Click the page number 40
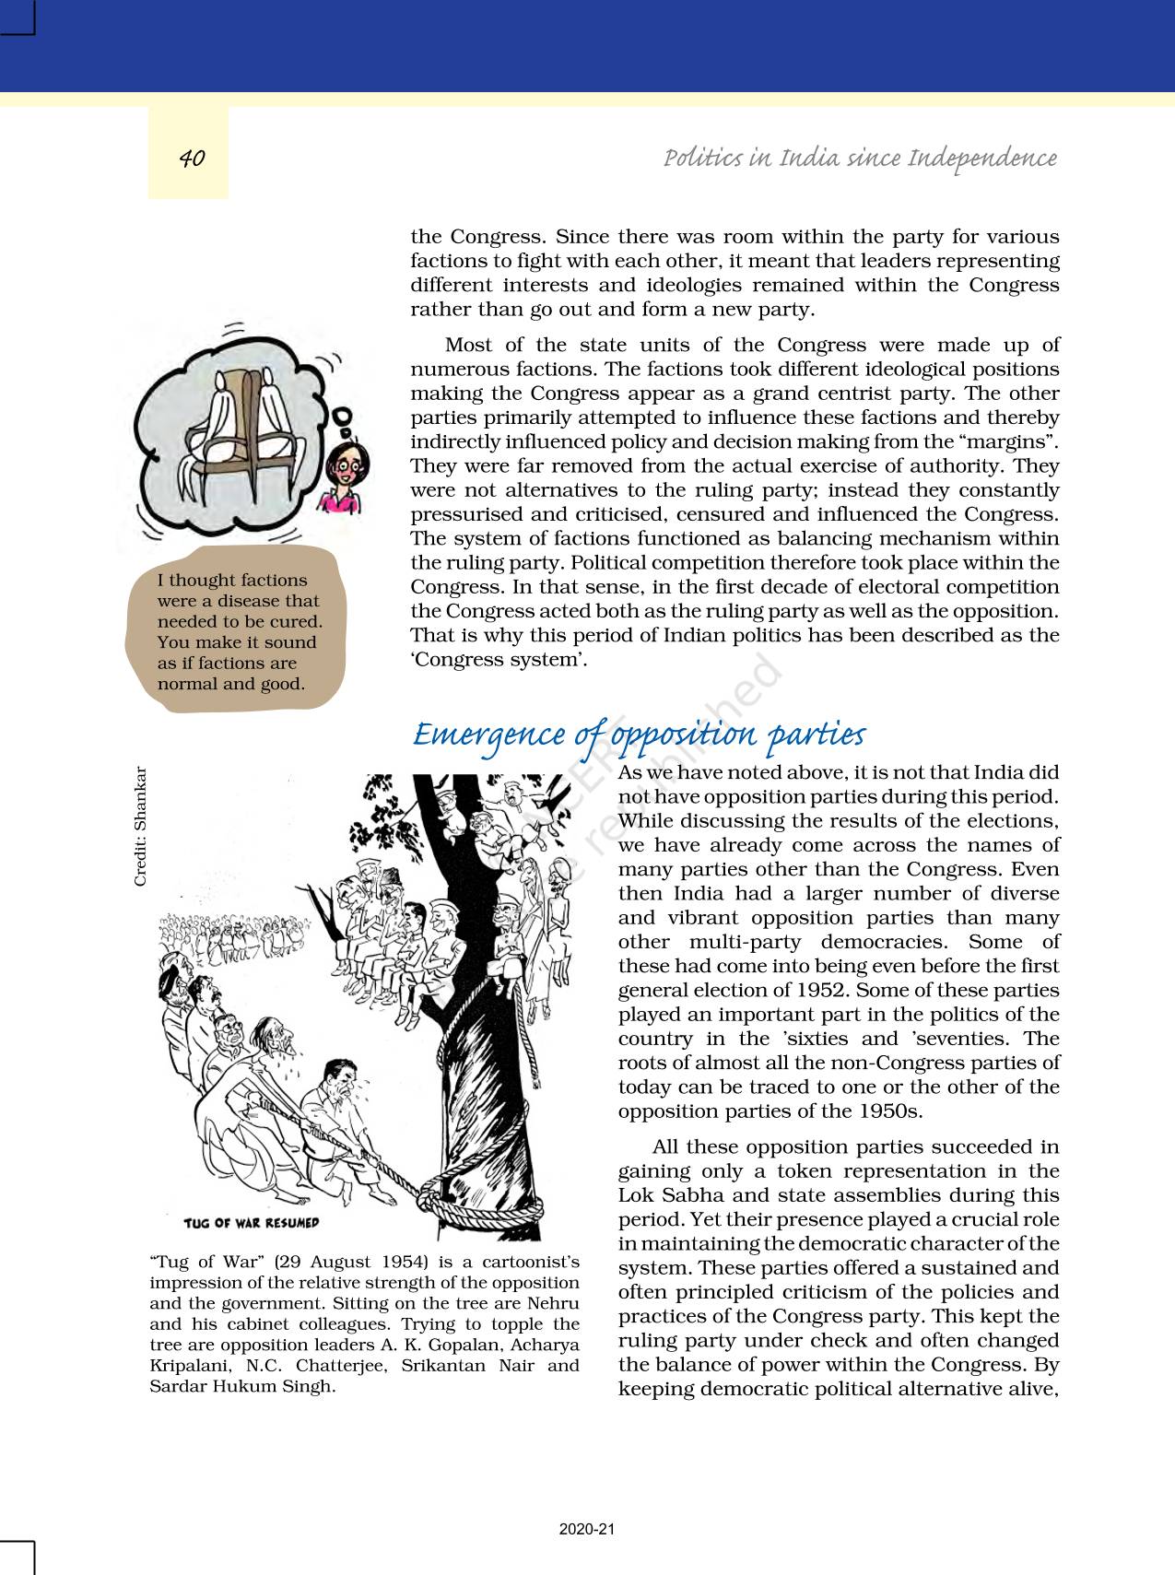coord(192,159)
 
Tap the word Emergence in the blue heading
coord(488,735)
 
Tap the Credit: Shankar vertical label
coord(140,827)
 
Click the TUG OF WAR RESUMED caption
coord(251,1223)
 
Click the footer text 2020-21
coord(587,1529)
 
